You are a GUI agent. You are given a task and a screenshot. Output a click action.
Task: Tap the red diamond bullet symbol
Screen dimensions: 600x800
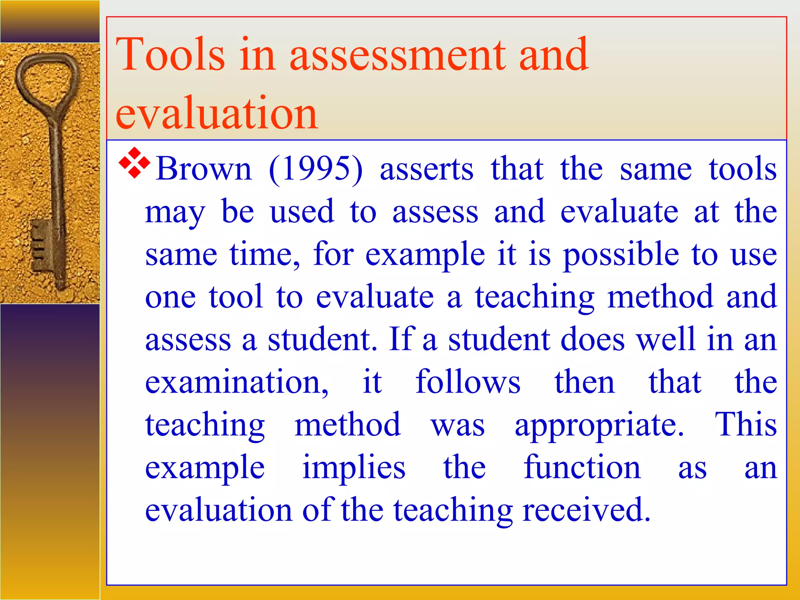pyautogui.click(x=134, y=163)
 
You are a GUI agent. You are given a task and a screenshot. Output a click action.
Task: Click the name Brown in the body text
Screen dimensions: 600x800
pyautogui.click(x=204, y=169)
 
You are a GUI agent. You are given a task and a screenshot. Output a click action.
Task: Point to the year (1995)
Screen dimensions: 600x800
pyautogui.click(x=316, y=169)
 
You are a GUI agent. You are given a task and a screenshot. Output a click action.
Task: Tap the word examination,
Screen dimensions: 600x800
pyautogui.click(x=237, y=382)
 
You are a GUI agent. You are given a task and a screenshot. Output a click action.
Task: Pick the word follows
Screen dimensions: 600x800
pyautogui.click(x=468, y=382)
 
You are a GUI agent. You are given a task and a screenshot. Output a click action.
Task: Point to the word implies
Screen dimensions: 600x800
pyautogui.click(x=354, y=468)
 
